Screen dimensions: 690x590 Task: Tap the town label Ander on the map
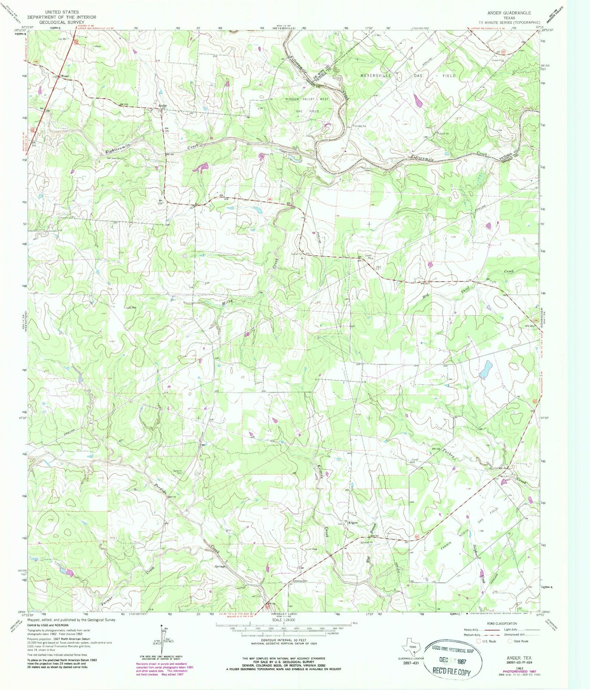click(x=163, y=106)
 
